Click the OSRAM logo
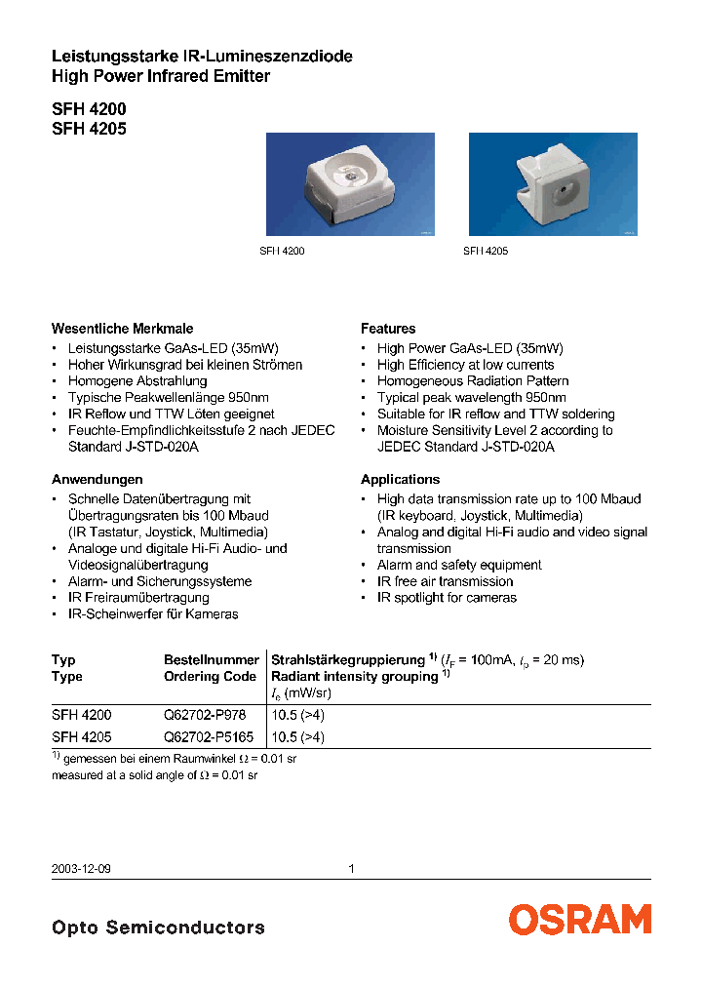[x=579, y=919]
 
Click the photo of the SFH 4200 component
[x=351, y=184]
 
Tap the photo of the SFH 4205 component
[x=553, y=184]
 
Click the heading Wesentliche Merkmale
[x=122, y=329]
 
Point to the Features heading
[x=388, y=329]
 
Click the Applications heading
[x=400, y=479]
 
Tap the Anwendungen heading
[x=97, y=479]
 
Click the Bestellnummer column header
[x=211, y=659]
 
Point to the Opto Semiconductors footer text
[x=158, y=927]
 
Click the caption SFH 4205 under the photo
[x=485, y=251]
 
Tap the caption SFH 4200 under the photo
[x=282, y=251]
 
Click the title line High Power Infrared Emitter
[x=160, y=76]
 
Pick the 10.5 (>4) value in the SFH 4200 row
[x=297, y=715]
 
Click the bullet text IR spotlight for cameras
[x=447, y=597]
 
